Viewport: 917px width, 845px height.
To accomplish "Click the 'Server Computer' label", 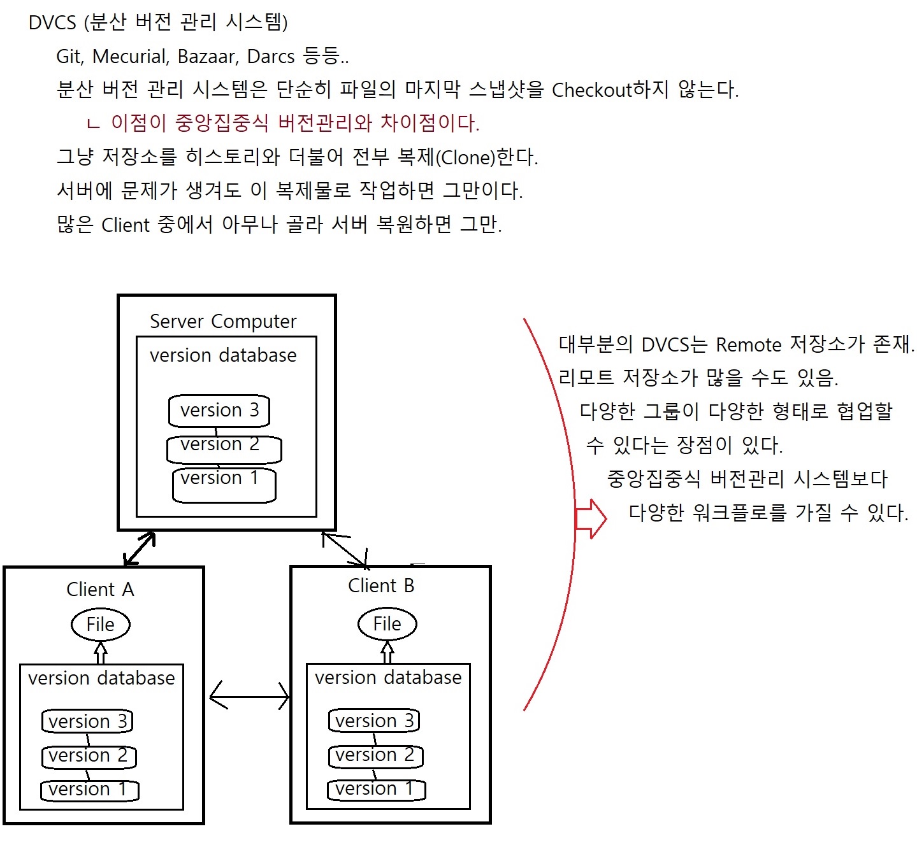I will [223, 322].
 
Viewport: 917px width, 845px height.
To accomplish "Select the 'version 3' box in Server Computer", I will [219, 410].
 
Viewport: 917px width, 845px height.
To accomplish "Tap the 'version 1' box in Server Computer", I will [224, 484].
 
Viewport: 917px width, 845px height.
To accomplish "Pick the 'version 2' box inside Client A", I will [89, 756].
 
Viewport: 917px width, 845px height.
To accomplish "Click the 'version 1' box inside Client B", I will [376, 790].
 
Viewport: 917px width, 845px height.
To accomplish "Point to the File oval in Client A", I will [100, 625].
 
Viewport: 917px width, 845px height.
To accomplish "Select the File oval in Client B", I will [387, 624].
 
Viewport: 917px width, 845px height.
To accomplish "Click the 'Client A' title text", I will [100, 590].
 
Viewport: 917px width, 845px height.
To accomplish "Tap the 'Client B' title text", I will [381, 586].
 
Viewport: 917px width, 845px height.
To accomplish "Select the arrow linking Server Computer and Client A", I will [140, 548].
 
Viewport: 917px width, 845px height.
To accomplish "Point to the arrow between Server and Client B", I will [345, 549].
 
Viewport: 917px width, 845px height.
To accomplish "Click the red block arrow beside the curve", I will [591, 518].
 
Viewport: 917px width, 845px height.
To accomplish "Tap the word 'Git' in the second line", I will [69, 57].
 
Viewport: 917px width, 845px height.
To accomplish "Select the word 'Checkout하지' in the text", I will [610, 90].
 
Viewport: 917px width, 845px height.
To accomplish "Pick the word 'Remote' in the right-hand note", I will [748, 345].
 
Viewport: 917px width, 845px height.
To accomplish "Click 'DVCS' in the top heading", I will [52, 23].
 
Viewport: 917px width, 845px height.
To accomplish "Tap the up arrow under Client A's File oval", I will [101, 653].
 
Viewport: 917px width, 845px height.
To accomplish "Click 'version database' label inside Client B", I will [388, 678].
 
